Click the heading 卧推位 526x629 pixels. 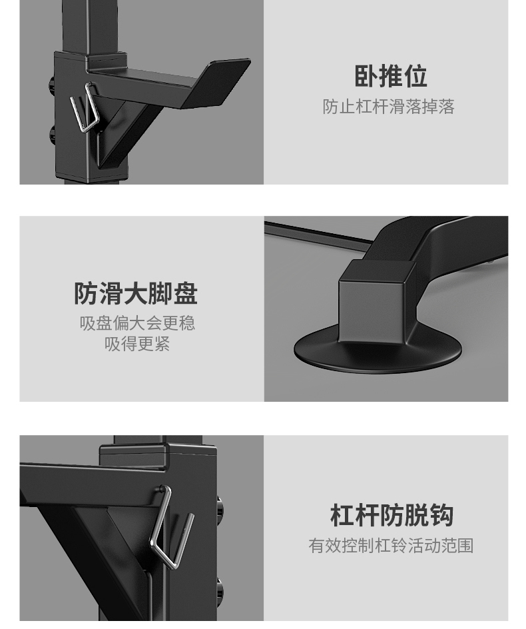pyautogui.click(x=390, y=76)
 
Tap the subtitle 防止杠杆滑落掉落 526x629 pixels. pyautogui.click(x=388, y=107)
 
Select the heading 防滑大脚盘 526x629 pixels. pyautogui.click(x=136, y=294)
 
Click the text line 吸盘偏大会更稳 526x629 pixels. pyautogui.click(x=137, y=323)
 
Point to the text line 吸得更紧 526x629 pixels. pyautogui.click(x=137, y=344)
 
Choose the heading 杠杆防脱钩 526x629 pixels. pyautogui.click(x=392, y=516)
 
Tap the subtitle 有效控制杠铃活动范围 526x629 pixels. pyautogui.click(x=391, y=546)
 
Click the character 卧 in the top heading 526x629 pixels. pyautogui.click(x=366, y=76)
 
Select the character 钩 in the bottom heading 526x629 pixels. pyautogui.click(x=442, y=516)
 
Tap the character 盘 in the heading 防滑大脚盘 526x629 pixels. pyautogui.click(x=186, y=294)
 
